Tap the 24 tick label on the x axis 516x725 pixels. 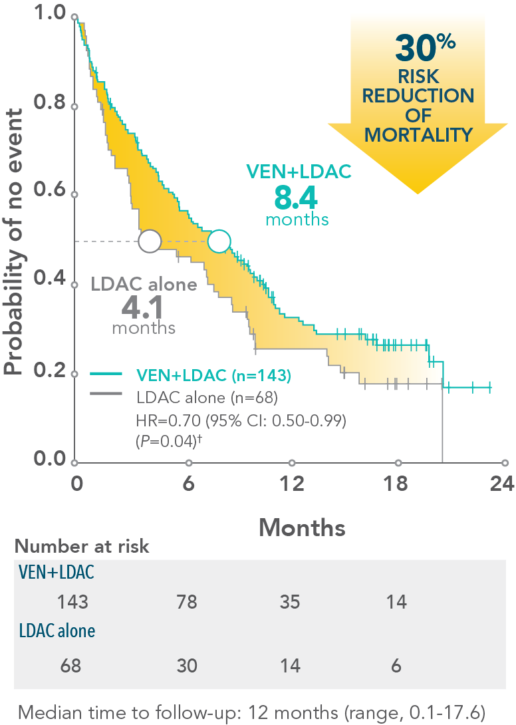pyautogui.click(x=499, y=484)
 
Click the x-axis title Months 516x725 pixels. pyautogui.click(x=302, y=527)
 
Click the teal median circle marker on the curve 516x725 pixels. pyautogui.click(x=219, y=241)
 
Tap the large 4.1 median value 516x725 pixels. pyautogui.click(x=144, y=308)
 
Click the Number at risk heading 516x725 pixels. pyautogui.click(x=82, y=547)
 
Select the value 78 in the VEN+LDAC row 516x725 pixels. pyautogui.click(x=187, y=603)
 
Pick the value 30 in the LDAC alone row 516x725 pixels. pyautogui.click(x=187, y=665)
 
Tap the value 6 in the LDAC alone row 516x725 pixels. pyautogui.click(x=396, y=665)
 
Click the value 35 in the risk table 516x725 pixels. pyautogui.click(x=290, y=603)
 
